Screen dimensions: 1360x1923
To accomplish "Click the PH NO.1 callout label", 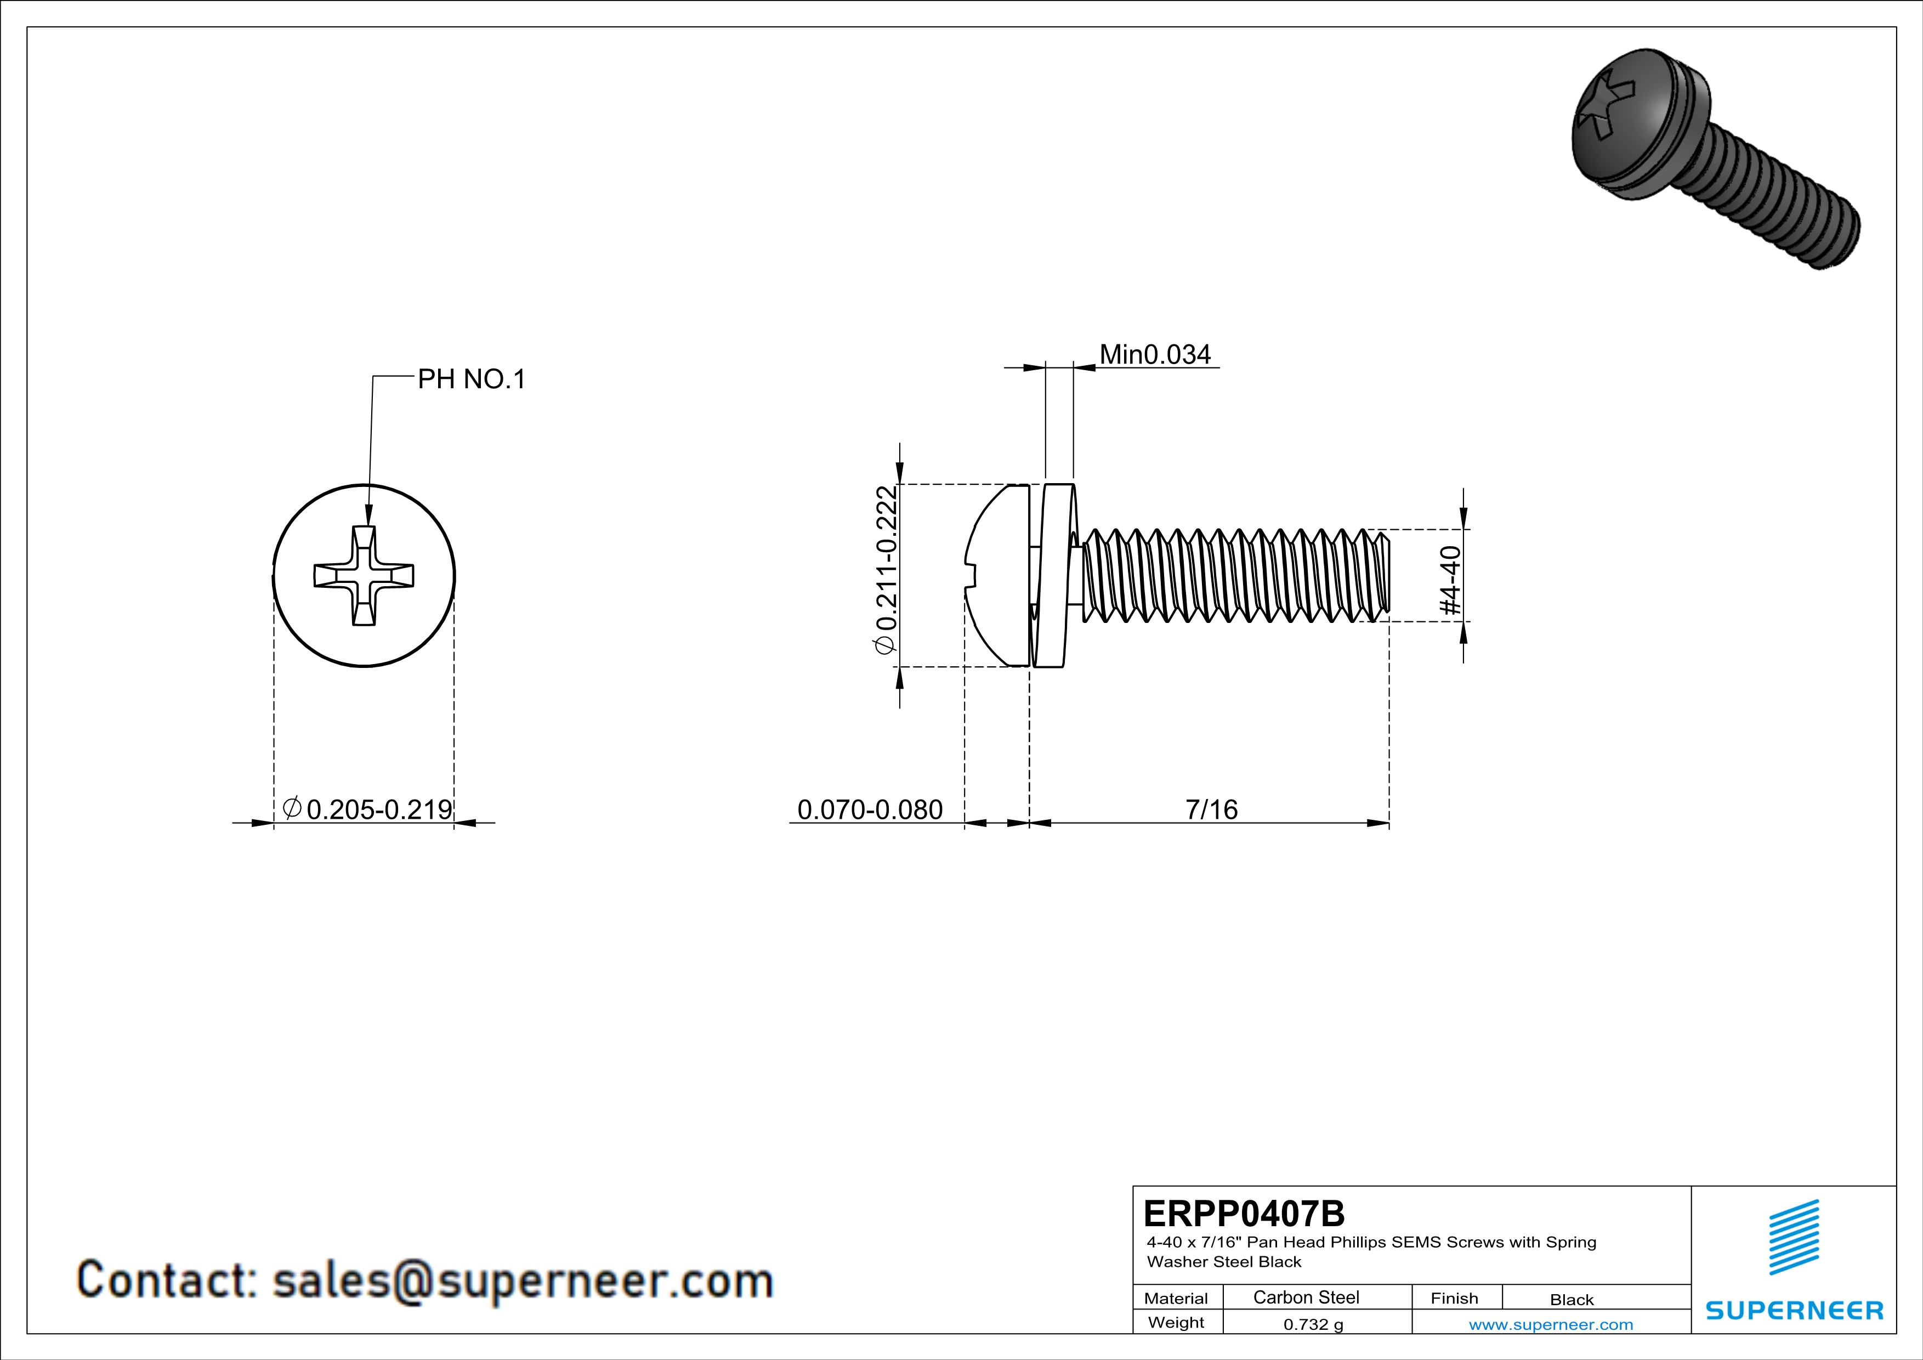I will click(x=472, y=379).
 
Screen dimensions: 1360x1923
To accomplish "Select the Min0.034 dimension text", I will click(x=1154, y=354).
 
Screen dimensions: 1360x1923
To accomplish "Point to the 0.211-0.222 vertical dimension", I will click(x=886, y=569).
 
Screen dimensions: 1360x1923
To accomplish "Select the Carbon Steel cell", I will click(x=1306, y=1297).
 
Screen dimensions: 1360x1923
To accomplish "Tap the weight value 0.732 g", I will click(x=1312, y=1324).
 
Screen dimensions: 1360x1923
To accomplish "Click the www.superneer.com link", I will click(x=1550, y=1324).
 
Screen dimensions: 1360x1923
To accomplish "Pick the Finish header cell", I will click(x=1454, y=1298).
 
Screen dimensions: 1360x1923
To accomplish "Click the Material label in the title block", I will click(x=1176, y=1298).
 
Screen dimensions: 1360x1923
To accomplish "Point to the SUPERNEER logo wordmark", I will click(x=1794, y=1311).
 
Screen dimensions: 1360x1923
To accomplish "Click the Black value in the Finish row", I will click(x=1571, y=1299).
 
